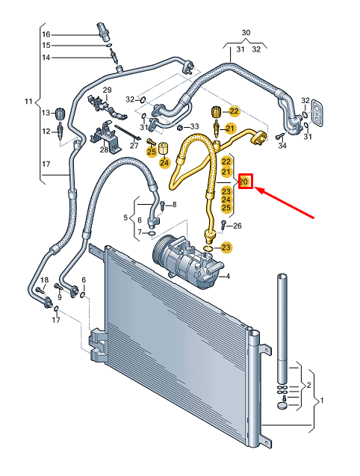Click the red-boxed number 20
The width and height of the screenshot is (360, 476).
[x=246, y=182]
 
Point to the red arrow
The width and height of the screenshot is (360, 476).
[x=288, y=203]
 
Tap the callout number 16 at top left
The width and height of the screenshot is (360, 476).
[x=46, y=34]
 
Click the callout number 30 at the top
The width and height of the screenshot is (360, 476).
[x=246, y=34]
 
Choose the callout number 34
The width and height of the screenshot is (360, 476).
[x=282, y=145]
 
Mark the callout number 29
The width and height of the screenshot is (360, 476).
[x=106, y=90]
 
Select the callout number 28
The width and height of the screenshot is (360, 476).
[x=103, y=150]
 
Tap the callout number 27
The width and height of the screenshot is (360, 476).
[x=134, y=146]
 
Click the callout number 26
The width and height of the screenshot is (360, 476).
[x=238, y=226]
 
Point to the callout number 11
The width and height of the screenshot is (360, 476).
[x=29, y=101]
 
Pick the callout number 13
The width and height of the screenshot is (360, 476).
[x=45, y=113]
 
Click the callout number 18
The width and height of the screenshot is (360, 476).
[x=44, y=280]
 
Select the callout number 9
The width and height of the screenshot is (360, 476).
[x=60, y=298]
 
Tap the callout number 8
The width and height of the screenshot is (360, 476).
[x=173, y=205]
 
